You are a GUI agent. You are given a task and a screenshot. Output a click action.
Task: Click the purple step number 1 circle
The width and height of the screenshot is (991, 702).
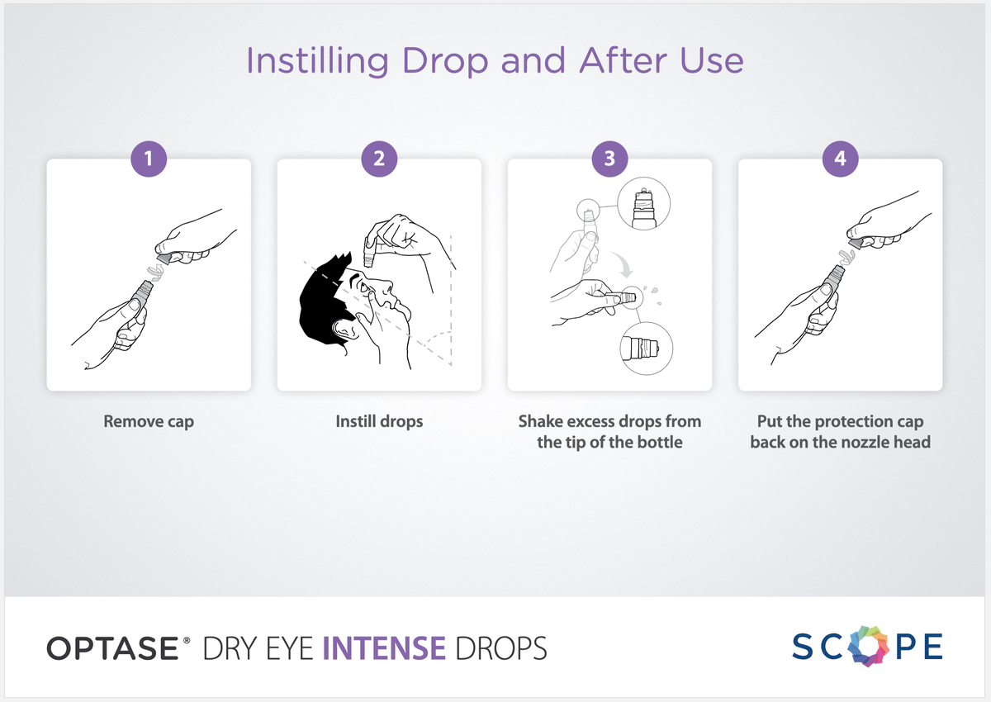point(149,159)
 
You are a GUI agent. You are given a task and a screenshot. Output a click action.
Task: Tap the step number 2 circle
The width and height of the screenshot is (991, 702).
point(379,159)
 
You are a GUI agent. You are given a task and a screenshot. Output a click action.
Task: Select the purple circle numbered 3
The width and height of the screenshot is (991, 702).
point(609,159)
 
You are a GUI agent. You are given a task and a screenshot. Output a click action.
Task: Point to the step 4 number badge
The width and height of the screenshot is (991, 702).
point(840,159)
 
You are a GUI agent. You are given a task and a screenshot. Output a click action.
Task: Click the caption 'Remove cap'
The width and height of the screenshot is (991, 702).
point(149,421)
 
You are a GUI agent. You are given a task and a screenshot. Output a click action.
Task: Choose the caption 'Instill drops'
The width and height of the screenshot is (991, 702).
point(379,421)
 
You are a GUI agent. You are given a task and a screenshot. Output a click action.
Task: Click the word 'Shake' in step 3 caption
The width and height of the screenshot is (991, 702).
point(541,421)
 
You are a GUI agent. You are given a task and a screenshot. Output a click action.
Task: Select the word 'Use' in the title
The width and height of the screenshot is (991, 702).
point(711,62)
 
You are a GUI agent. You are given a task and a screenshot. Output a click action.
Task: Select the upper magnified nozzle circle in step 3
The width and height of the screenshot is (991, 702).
point(643,203)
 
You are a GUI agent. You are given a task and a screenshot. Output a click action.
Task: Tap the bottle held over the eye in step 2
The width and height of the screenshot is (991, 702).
point(370,248)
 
